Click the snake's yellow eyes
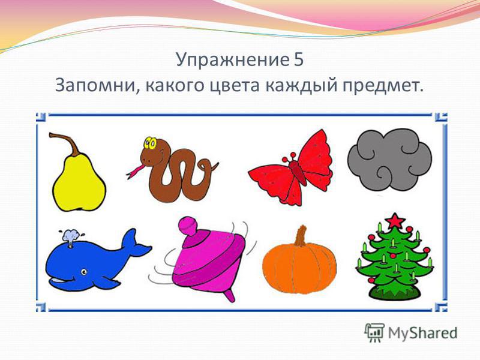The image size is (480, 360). tap(151, 143)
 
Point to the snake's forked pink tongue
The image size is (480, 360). tap(134, 172)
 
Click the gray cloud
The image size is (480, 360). tap(389, 160)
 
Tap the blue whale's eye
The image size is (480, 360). tap(84, 272)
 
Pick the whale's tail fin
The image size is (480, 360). tap(134, 245)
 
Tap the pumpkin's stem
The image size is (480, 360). tap(301, 236)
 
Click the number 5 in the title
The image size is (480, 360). tap(299, 59)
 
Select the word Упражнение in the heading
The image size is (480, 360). tap(232, 59)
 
